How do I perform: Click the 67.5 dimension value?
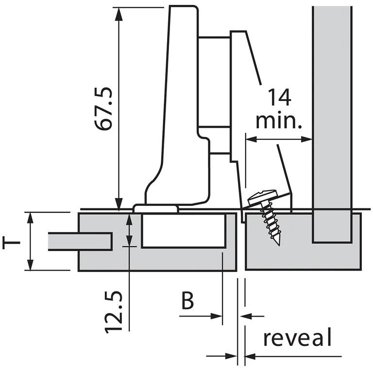[x=104, y=109]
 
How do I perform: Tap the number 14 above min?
[x=279, y=97]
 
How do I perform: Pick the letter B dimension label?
[x=187, y=301]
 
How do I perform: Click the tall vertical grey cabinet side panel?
[x=332, y=121]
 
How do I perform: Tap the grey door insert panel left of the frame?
[x=80, y=241]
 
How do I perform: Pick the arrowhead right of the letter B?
[x=219, y=316]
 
